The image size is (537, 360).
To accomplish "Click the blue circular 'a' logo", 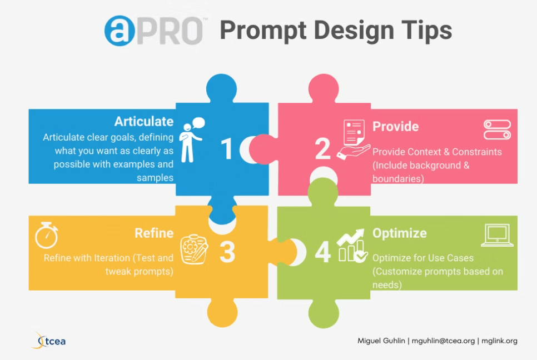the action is pyautogui.click(x=120, y=31).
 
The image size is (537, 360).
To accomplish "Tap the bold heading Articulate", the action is pyautogui.click(x=144, y=121).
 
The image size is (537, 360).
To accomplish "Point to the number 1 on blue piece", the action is pyautogui.click(x=226, y=149).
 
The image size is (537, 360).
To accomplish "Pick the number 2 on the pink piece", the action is pyautogui.click(x=322, y=149).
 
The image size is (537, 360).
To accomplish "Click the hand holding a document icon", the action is pyautogui.click(x=354, y=139).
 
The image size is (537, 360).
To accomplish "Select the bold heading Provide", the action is pyautogui.click(x=396, y=127).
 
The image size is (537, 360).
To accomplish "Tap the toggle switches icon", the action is pyautogui.click(x=498, y=129).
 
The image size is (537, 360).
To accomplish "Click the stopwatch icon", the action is pyautogui.click(x=47, y=235).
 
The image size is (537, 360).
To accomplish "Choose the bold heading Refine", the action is pyautogui.click(x=154, y=233).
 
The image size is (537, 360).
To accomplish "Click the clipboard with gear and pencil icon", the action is pyautogui.click(x=195, y=249).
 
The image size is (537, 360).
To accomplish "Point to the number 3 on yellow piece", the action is pyautogui.click(x=227, y=252).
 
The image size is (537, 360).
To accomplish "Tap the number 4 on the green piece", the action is pyautogui.click(x=322, y=252).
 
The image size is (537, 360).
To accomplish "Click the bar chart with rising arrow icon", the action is pyautogui.click(x=352, y=246).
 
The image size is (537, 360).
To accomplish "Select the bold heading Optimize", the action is pyautogui.click(x=400, y=233).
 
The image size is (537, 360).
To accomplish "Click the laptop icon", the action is pyautogui.click(x=498, y=235).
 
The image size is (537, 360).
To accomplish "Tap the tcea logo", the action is pyautogui.click(x=48, y=341).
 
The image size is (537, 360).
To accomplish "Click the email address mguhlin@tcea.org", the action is pyautogui.click(x=443, y=341).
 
